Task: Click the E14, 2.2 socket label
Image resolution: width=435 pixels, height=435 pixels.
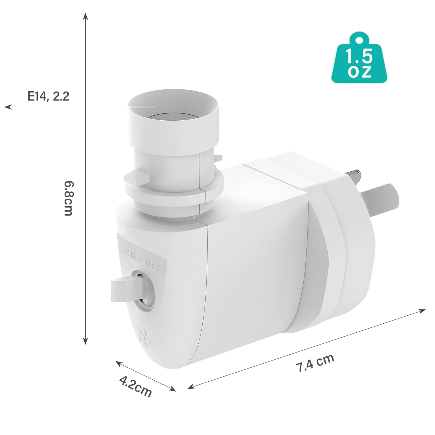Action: (x=48, y=96)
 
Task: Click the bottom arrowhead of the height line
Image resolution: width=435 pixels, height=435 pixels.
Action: (x=85, y=341)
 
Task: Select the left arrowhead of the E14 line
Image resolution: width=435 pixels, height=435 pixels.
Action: (x=7, y=107)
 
